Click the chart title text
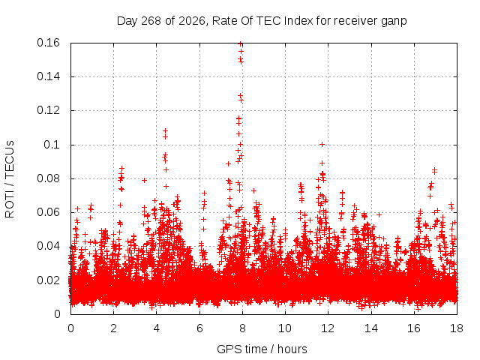point(262,21)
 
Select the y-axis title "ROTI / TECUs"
point(10,179)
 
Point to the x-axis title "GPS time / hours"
point(262,349)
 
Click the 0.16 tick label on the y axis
point(48,43)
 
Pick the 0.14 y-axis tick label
point(48,76)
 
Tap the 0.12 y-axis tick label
point(48,110)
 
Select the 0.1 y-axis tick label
point(52,145)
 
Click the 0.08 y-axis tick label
point(48,178)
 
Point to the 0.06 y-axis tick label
point(48,212)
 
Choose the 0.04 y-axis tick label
point(48,246)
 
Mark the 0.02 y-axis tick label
point(48,280)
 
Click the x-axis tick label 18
point(457,328)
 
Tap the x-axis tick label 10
point(285,328)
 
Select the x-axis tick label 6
point(199,328)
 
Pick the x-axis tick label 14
point(371,328)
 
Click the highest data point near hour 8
point(241,43)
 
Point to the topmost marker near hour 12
point(322,145)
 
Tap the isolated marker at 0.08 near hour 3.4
point(144,180)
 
